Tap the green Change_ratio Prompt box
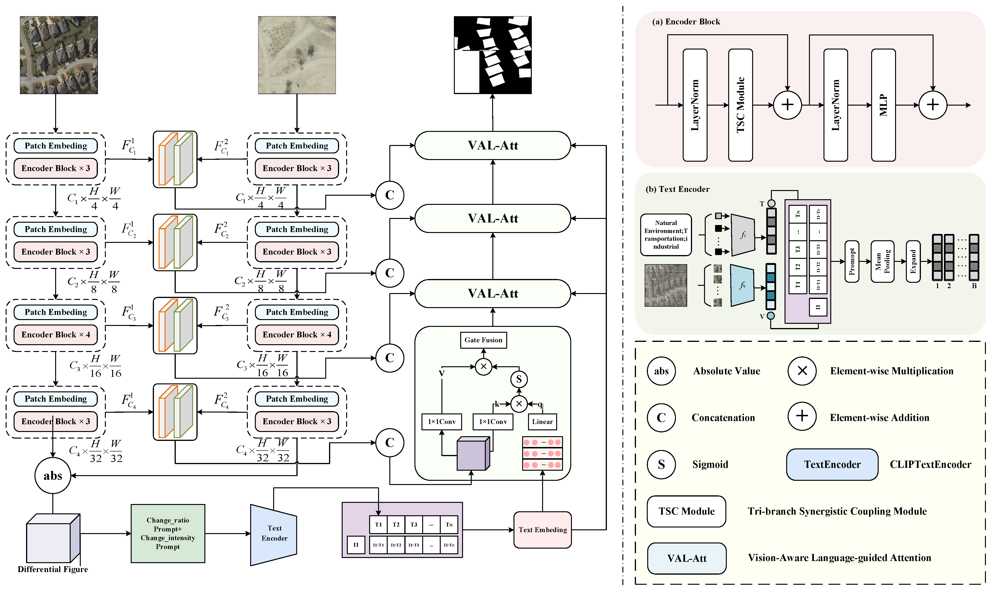(168, 533)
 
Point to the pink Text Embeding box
(543, 530)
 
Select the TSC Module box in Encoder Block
(740, 105)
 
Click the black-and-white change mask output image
(493, 55)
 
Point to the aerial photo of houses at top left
(59, 55)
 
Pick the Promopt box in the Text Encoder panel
(852, 262)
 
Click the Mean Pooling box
(882, 262)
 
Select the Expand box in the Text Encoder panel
(913, 262)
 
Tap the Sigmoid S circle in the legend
(661, 464)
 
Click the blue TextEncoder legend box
(832, 464)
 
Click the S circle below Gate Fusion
(519, 379)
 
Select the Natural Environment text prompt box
(666, 235)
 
